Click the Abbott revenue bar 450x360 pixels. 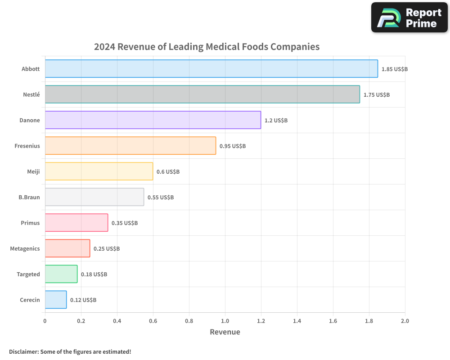click(x=211, y=69)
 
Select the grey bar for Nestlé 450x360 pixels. click(x=202, y=94)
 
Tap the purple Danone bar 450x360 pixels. click(x=153, y=120)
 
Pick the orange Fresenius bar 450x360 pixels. click(x=130, y=146)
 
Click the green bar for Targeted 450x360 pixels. click(x=61, y=274)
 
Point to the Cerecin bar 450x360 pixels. click(x=55, y=300)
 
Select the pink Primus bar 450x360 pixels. click(x=76, y=223)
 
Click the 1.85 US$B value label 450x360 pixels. click(x=394, y=69)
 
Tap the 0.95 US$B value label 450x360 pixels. click(x=233, y=146)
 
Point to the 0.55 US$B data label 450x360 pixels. click(x=161, y=198)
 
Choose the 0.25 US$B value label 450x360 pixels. click(x=107, y=249)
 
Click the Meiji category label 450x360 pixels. click(x=33, y=171)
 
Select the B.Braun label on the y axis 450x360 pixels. click(x=29, y=197)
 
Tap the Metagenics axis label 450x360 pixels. click(x=25, y=248)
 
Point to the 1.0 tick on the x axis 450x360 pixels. click(x=225, y=321)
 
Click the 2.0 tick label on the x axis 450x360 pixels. click(x=405, y=321)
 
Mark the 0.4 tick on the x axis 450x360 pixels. click(x=117, y=321)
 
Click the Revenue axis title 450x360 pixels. click(x=225, y=332)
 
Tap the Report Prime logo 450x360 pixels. click(x=409, y=18)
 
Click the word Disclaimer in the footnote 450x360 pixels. click(x=23, y=351)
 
